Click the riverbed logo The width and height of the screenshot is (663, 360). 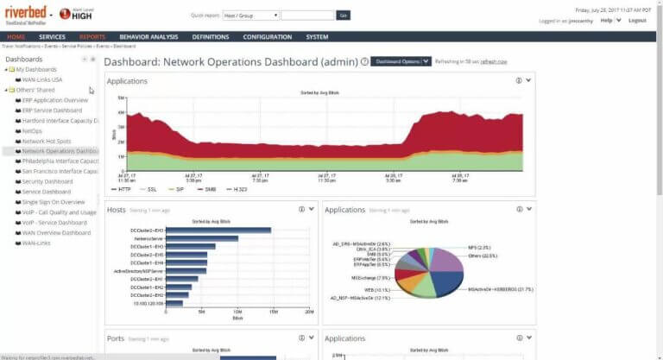click(25, 13)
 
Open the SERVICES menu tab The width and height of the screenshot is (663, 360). click(52, 37)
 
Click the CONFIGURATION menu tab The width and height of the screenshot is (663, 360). click(267, 37)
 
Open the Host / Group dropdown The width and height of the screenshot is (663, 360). click(250, 15)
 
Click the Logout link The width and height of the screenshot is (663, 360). click(637, 20)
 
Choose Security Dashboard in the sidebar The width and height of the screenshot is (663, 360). click(47, 181)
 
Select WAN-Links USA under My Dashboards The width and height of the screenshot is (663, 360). click(42, 79)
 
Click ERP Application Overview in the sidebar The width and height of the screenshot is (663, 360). click(55, 100)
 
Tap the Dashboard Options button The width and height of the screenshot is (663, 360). click(401, 61)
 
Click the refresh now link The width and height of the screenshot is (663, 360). click(494, 62)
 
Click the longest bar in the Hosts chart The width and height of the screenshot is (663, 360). click(218, 231)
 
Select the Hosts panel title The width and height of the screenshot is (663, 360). click(116, 209)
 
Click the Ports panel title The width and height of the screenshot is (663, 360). click(116, 338)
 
